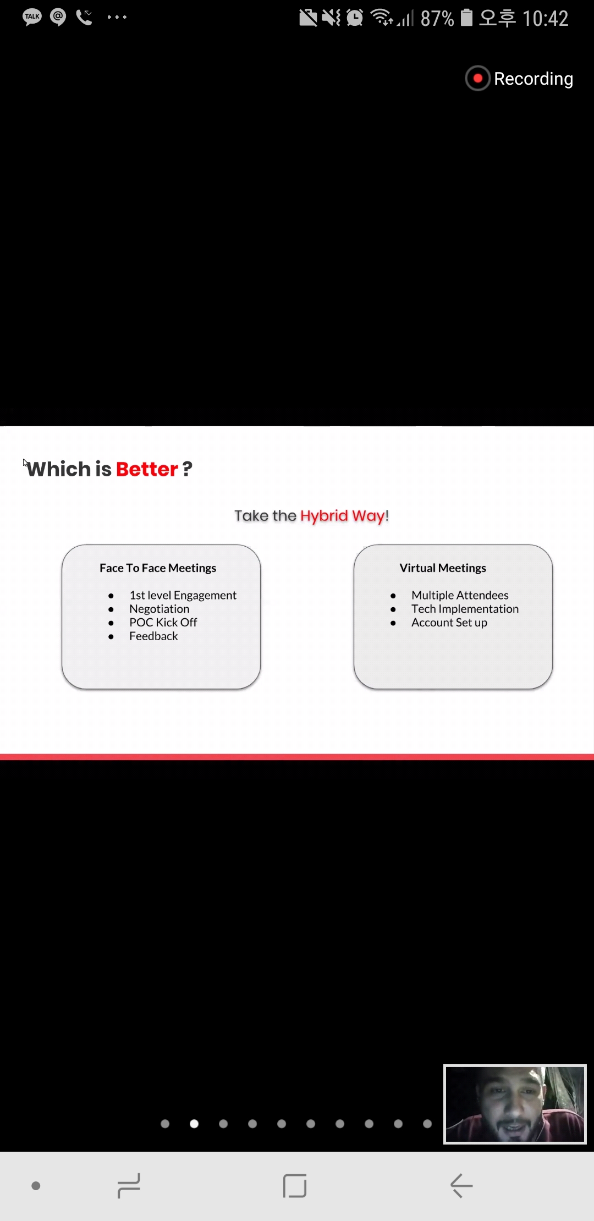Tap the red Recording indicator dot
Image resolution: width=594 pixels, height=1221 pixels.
tap(477, 79)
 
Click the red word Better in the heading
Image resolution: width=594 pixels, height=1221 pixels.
tap(147, 469)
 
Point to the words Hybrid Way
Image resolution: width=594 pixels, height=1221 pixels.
tap(342, 516)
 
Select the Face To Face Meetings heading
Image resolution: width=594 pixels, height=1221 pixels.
tap(158, 568)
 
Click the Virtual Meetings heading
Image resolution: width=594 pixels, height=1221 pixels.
tap(443, 568)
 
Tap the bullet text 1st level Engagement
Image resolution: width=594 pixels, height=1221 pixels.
tap(183, 595)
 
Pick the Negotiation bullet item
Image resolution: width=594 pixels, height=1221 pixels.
tap(159, 609)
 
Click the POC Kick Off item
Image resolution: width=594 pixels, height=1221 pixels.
tap(163, 622)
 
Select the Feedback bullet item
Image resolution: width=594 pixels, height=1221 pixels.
tap(153, 636)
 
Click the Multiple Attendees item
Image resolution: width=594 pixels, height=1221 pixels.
tap(460, 595)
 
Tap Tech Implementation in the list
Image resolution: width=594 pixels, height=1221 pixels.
tap(465, 609)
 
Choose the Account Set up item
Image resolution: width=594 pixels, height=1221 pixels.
tap(449, 623)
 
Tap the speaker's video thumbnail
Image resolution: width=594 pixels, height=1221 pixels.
tap(515, 1104)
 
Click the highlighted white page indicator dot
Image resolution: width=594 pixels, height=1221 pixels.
tap(194, 1124)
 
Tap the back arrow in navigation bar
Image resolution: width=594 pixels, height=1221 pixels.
tap(461, 1185)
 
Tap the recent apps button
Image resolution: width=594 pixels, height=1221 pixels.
tap(129, 1185)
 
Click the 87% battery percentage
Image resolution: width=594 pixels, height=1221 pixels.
tap(437, 19)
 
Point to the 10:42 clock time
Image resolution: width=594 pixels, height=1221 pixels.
tap(545, 19)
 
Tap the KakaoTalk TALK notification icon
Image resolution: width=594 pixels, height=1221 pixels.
tap(32, 17)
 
